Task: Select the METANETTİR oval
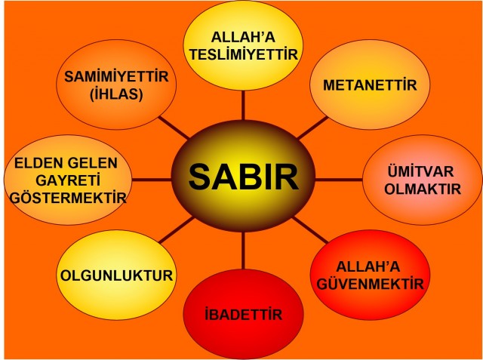point(370,84)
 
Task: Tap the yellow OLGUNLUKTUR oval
point(117,274)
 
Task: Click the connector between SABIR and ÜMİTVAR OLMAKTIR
point(336,180)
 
